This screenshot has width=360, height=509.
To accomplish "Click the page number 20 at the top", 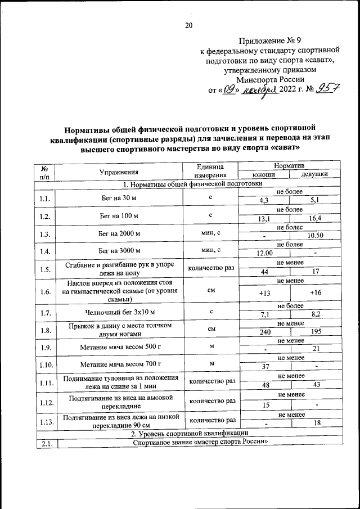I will click(x=188, y=25).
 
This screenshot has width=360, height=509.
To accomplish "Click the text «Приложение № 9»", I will click(x=269, y=41).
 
